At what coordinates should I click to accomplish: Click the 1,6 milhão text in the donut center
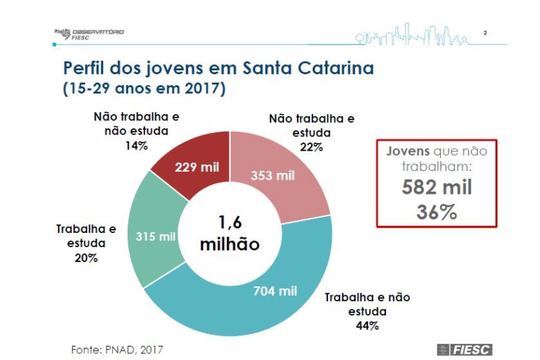(x=230, y=233)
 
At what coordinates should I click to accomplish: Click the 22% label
(x=310, y=146)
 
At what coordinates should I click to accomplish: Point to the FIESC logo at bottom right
(x=465, y=349)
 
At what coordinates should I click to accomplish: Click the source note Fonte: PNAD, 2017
(x=117, y=349)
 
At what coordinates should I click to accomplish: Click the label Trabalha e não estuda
(x=367, y=304)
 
